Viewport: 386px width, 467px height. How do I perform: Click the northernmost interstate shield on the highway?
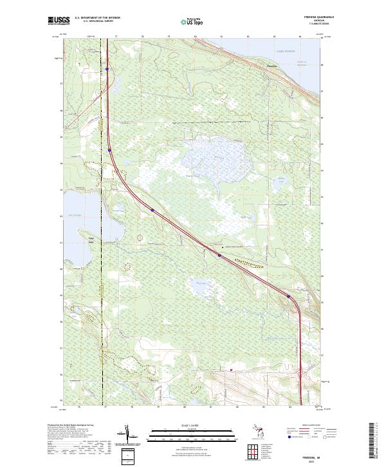[x=107, y=69]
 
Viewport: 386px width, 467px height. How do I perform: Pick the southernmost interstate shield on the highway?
[x=288, y=296]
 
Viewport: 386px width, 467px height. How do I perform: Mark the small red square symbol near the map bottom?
[x=231, y=370]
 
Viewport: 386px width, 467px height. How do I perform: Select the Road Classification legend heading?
[x=311, y=426]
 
